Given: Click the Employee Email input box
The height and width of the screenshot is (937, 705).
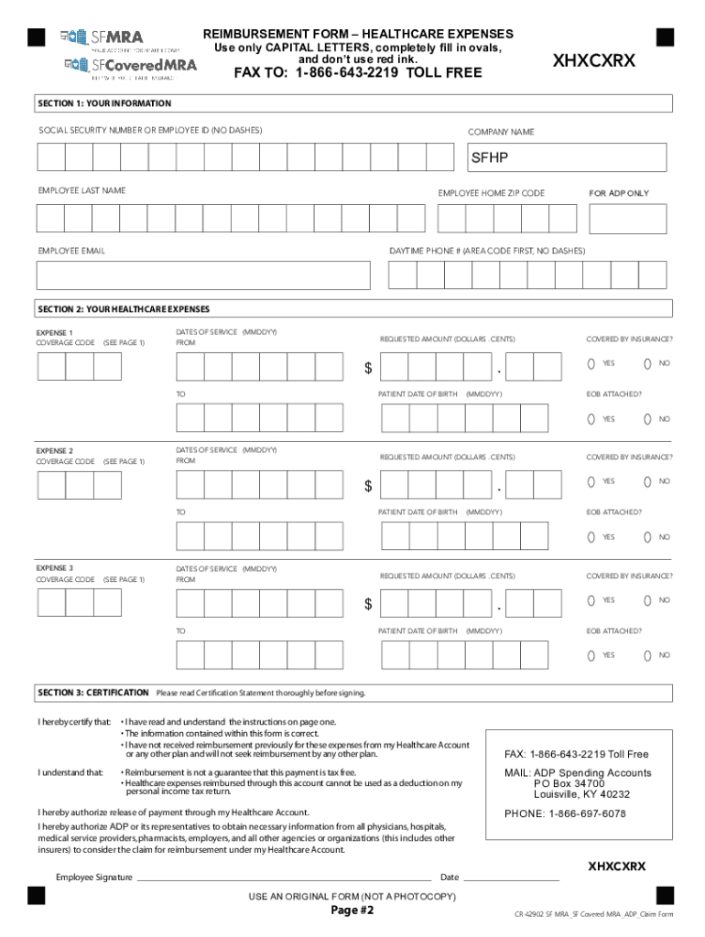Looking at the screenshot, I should pos(203,275).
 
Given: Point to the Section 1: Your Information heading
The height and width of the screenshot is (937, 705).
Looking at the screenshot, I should pos(103,103).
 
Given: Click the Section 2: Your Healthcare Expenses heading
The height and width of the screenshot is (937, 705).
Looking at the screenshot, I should pos(123,308).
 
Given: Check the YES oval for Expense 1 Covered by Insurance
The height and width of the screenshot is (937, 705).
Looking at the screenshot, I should pos(591,364).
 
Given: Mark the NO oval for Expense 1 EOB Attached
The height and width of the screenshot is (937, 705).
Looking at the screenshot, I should pos(647,419).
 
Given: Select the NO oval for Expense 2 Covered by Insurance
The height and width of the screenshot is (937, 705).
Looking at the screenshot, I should pos(647,482).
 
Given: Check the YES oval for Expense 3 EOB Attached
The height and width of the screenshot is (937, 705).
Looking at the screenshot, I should pos(591,655).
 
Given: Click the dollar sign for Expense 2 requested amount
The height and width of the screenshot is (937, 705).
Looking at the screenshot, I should pos(368,487).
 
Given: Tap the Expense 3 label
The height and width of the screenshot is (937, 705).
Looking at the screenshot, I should pos(54,568).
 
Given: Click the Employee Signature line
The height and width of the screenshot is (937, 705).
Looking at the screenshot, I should pos(284,878).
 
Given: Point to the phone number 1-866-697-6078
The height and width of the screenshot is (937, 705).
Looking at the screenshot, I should pos(565,813).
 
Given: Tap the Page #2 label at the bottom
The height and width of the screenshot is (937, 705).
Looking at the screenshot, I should pos(352,911).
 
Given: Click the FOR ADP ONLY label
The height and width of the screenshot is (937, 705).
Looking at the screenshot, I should pos(618,193).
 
